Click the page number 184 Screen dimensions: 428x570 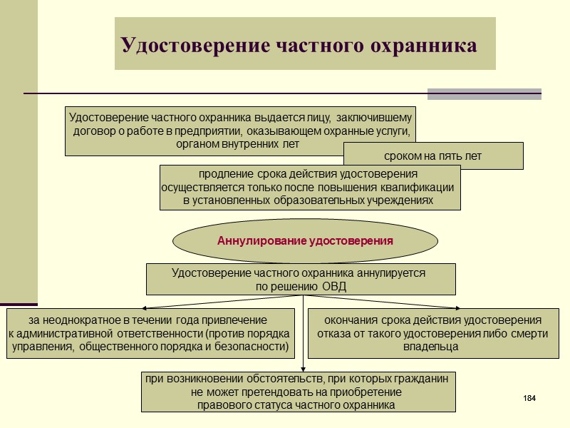pyautogui.click(x=529, y=397)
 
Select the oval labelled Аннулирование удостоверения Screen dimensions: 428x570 pyautogui.click(x=305, y=241)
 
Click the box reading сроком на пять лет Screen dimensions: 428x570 pyautogui.click(x=433, y=156)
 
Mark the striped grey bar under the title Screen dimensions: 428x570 pyautogui.click(x=484, y=93)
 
